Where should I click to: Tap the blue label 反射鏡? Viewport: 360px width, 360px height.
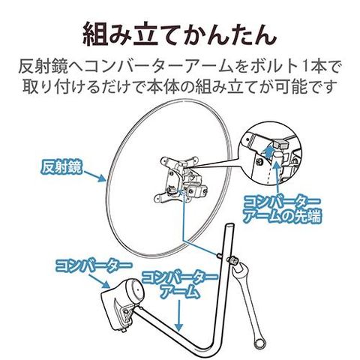point(61,167)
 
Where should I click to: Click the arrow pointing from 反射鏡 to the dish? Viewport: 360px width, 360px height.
point(94,176)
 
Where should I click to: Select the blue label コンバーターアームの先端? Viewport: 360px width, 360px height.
point(281,210)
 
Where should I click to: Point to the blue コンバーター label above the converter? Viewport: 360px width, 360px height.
point(93,266)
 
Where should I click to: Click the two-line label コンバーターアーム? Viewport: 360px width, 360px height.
point(180,285)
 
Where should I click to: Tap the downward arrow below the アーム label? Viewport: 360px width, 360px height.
point(178,315)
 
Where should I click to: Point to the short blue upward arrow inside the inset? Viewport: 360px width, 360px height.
point(268,151)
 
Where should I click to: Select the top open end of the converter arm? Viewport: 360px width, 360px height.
point(230,225)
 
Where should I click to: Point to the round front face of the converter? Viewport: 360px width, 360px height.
point(135,290)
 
